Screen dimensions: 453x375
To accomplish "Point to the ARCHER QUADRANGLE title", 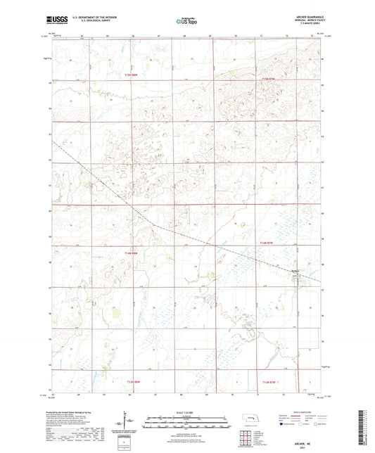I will [x=299, y=18].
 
